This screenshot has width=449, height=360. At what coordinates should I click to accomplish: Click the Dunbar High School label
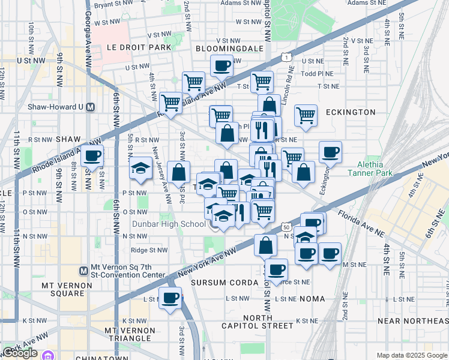tap(168, 224)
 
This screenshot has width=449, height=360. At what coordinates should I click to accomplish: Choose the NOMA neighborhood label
tap(310, 298)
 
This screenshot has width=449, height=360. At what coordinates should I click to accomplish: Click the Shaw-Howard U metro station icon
tap(91, 107)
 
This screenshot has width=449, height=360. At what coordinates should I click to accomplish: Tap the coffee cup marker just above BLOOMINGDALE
tap(221, 65)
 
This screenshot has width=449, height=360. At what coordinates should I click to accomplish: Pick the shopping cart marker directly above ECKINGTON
tap(306, 115)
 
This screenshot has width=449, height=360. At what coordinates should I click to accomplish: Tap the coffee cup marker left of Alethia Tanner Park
tap(330, 152)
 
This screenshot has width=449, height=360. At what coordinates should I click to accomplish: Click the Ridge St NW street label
tap(150, 250)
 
